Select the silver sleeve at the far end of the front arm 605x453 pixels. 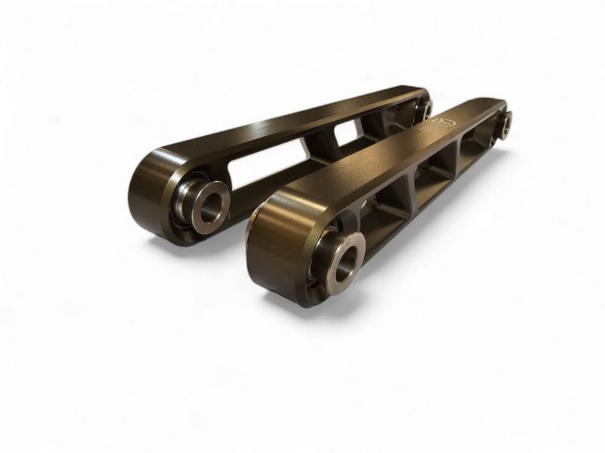pyautogui.click(x=504, y=124)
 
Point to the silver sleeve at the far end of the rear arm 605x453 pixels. pyautogui.click(x=425, y=109)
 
